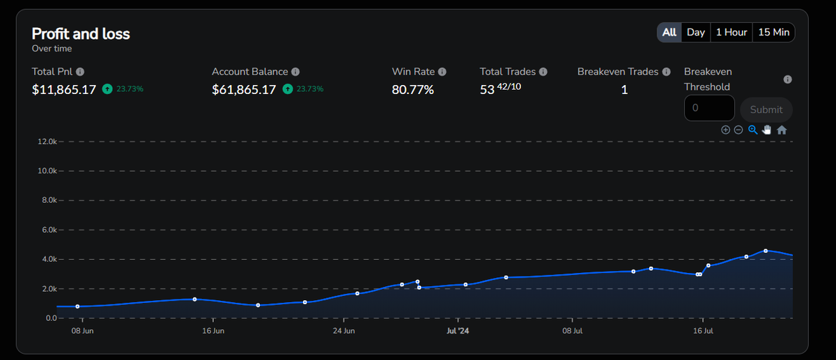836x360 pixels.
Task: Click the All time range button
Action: click(669, 33)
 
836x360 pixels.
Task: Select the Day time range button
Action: click(696, 33)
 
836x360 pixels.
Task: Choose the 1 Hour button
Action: click(731, 33)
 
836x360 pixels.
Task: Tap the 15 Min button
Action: click(774, 33)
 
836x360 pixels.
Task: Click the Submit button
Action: click(766, 110)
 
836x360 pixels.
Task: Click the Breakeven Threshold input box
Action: click(709, 108)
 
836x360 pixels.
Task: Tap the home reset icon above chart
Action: click(782, 130)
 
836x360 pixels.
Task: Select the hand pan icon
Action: click(766, 130)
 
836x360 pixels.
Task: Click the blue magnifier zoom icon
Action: click(753, 130)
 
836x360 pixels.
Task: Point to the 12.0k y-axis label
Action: click(47, 141)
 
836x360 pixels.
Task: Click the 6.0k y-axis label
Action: click(49, 230)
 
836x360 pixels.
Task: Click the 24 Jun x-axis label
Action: click(343, 331)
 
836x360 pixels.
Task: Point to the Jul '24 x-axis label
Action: click(458, 331)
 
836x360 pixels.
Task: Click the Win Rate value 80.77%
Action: click(412, 90)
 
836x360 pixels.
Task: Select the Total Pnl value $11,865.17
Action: click(64, 90)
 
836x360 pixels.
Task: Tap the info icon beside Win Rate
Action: click(442, 72)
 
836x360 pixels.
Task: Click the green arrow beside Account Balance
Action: click(287, 89)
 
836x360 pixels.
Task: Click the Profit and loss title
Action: click(81, 34)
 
